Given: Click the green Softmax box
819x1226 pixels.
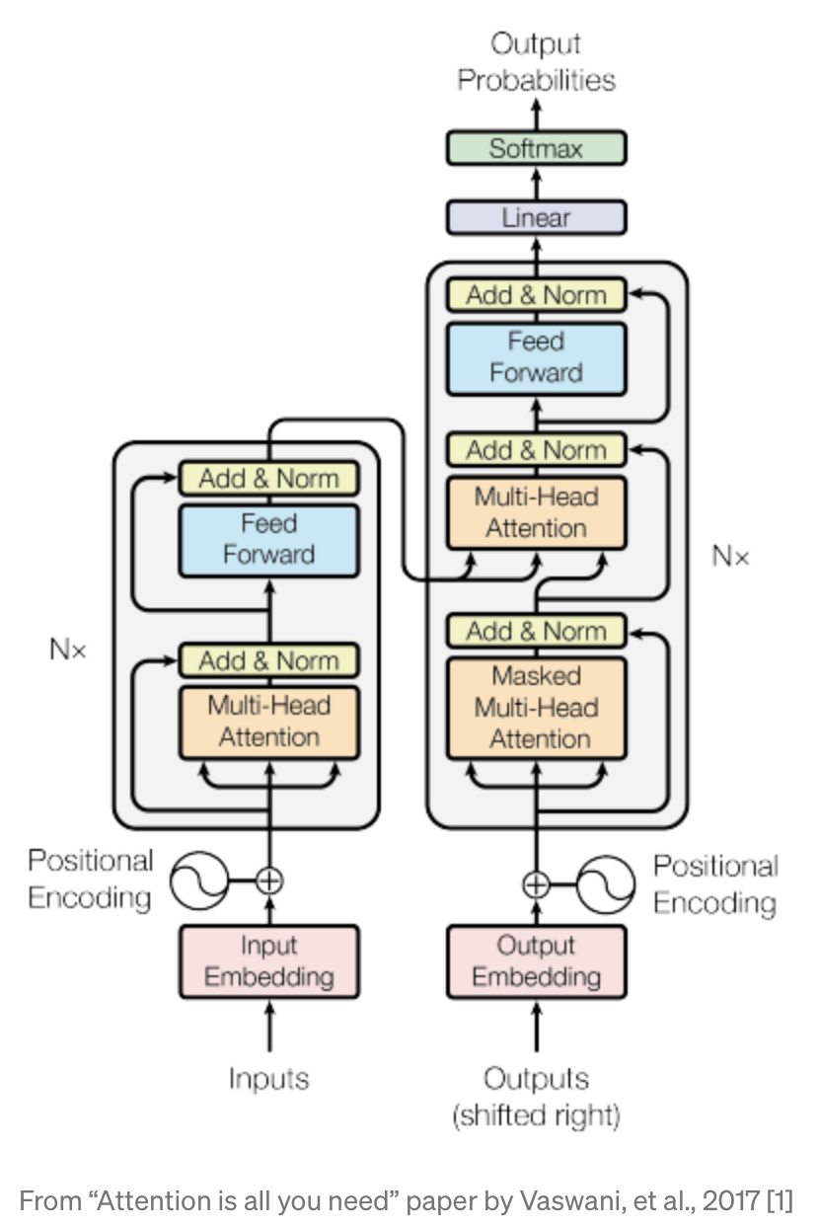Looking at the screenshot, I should [536, 148].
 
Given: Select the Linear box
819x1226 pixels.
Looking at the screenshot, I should [536, 217].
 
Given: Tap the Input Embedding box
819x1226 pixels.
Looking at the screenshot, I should [268, 961].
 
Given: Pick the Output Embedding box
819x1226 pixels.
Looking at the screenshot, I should [536, 961].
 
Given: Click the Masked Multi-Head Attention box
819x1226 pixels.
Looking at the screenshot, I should [536, 708].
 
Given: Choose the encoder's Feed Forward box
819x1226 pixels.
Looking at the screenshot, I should [268, 539].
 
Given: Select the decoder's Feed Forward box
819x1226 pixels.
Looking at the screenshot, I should [536, 357].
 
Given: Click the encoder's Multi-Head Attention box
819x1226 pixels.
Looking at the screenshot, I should [268, 722].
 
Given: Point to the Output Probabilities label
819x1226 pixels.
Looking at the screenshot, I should [536, 62].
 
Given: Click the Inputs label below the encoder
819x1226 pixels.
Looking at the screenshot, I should [269, 1078].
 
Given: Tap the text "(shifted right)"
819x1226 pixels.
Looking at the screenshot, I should [536, 1116].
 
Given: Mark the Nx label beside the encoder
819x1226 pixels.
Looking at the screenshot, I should [68, 650].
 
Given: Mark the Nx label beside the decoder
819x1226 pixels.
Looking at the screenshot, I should [730, 557].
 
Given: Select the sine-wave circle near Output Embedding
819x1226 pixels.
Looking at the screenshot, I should [605, 884].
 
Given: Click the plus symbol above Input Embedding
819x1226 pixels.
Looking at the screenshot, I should [268, 880].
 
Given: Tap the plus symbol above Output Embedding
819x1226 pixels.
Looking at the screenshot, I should [536, 884].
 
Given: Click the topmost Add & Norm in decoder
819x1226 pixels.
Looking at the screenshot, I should [536, 294].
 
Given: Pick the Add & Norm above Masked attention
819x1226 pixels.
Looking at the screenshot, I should [536, 631].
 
